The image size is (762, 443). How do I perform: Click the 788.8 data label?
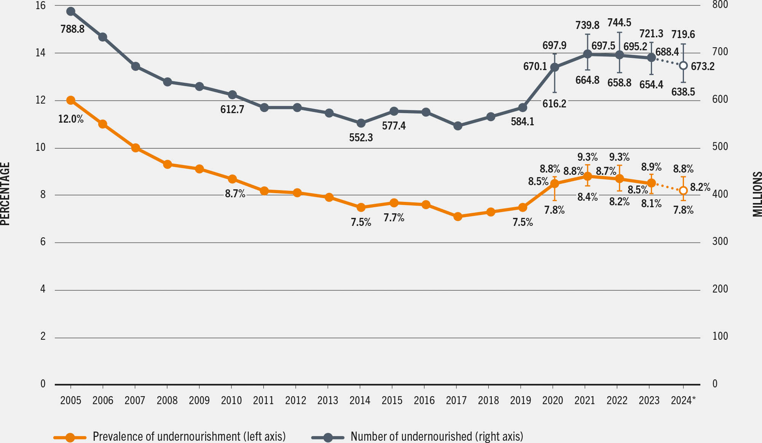72,29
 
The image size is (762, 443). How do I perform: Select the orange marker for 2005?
70,100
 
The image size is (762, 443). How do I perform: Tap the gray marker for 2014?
361,123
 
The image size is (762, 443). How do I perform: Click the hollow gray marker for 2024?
683,66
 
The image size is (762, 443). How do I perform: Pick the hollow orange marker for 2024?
683,190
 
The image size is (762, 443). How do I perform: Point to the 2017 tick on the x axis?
456,400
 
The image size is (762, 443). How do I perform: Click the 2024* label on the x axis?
683,400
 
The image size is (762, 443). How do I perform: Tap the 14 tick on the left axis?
40,53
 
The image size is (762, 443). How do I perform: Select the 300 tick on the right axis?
720,241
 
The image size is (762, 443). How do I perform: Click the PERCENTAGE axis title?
5,194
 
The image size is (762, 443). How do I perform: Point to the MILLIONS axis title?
757,194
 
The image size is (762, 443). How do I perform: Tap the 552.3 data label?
361,138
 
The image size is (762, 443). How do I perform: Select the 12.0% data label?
71,119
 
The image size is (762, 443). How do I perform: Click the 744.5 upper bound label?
619,23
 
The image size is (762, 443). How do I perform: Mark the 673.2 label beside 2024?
703,66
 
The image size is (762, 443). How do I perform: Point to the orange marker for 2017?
458,216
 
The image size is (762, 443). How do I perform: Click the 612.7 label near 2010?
232,110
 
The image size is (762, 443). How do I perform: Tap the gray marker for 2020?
555,67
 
